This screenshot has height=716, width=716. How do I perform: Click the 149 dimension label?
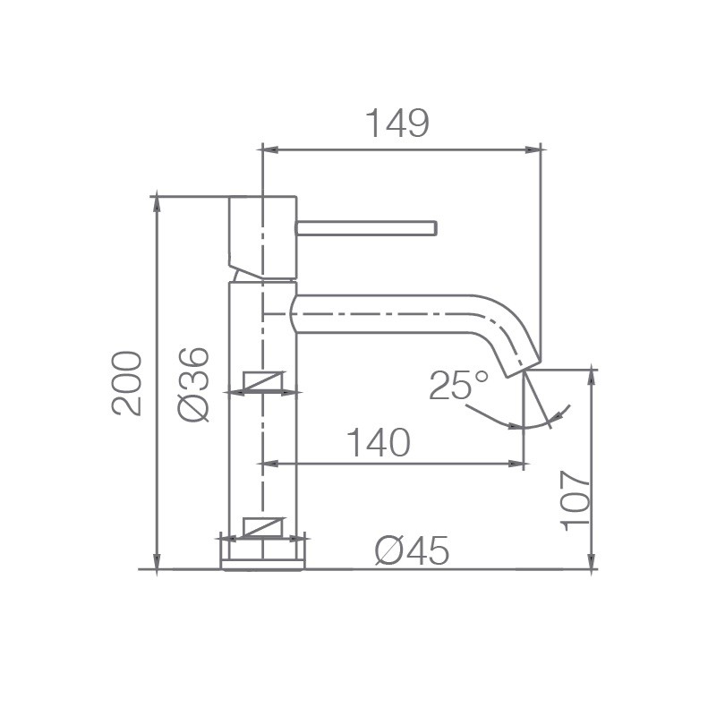coord(396,124)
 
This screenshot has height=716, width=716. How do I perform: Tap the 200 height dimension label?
coord(127,383)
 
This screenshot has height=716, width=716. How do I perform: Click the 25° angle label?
coord(458,385)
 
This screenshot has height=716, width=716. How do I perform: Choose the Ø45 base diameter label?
coord(412,552)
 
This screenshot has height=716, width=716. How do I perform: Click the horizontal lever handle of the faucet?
coord(366,228)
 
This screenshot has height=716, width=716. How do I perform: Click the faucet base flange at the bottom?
coord(263,555)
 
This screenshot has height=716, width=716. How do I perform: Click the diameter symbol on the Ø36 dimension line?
coord(264,383)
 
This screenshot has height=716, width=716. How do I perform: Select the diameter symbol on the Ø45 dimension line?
coord(264,528)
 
